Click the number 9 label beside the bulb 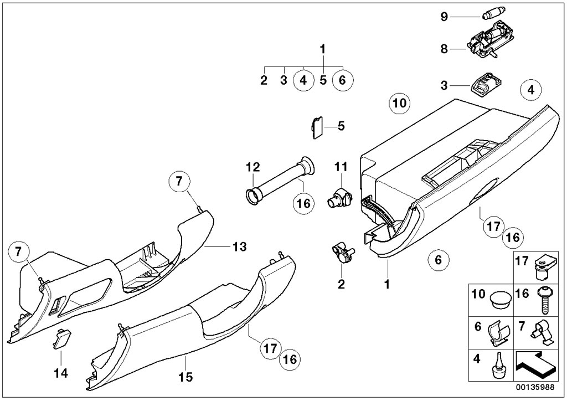point(444,17)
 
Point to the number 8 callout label point(444,49)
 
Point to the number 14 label point(61,373)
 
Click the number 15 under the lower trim point(185,378)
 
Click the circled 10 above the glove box point(400,102)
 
